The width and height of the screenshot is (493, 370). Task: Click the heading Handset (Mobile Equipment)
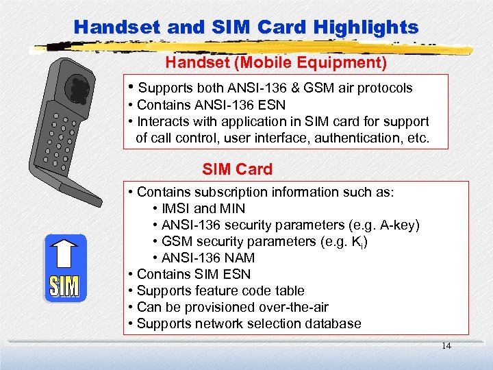(x=276, y=63)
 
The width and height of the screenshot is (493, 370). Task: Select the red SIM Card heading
(x=237, y=169)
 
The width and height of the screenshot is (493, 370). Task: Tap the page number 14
(x=446, y=346)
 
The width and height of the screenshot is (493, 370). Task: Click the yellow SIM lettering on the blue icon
(x=64, y=286)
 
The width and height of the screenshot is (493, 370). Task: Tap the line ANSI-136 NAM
(x=207, y=258)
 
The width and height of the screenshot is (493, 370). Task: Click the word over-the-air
(x=290, y=307)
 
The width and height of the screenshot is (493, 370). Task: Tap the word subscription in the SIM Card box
(x=220, y=192)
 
